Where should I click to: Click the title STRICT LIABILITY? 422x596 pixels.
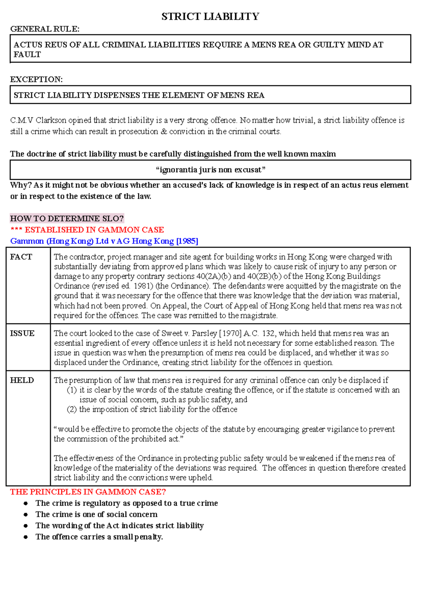click(x=210, y=17)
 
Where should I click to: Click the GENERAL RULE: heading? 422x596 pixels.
click(x=45, y=29)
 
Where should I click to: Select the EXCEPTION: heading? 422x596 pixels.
click(x=36, y=80)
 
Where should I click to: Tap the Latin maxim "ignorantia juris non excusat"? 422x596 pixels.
click(x=210, y=170)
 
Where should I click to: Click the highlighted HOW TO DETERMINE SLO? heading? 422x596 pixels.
click(x=67, y=218)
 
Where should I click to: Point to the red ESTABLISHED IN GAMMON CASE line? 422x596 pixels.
click(x=87, y=230)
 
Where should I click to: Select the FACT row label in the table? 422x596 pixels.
click(x=21, y=257)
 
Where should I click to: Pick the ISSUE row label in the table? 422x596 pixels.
click(x=22, y=333)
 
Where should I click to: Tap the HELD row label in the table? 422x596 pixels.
click(x=22, y=380)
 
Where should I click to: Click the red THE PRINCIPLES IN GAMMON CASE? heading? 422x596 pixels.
click(x=88, y=492)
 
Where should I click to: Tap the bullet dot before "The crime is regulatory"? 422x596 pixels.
click(x=26, y=503)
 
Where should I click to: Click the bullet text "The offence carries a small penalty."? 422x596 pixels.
click(x=99, y=537)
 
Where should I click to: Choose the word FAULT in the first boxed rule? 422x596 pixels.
click(x=27, y=55)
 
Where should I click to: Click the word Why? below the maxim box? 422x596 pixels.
click(x=21, y=185)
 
